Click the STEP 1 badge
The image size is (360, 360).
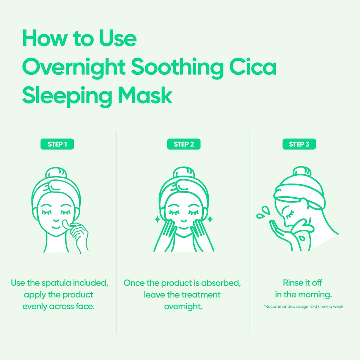click(x=57, y=144)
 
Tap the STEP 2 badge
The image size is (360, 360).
click(x=184, y=144)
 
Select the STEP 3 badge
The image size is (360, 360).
click(x=299, y=144)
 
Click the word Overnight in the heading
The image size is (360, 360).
click(x=73, y=67)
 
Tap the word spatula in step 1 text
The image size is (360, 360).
click(x=56, y=283)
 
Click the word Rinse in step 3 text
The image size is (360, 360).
click(x=293, y=283)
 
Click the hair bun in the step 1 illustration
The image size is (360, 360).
click(x=55, y=175)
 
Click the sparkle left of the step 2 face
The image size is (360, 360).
click(x=157, y=220)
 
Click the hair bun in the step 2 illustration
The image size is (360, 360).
click(x=184, y=175)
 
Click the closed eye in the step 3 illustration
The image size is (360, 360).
click(x=290, y=215)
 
